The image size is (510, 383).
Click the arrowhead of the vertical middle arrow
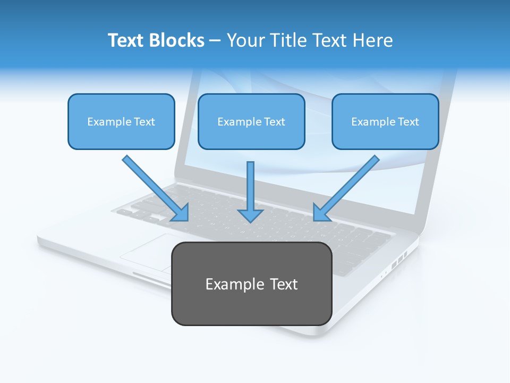(250, 216)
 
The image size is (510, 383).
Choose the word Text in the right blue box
(409, 122)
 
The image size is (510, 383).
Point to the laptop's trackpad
(146, 252)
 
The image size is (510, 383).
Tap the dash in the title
(216, 41)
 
